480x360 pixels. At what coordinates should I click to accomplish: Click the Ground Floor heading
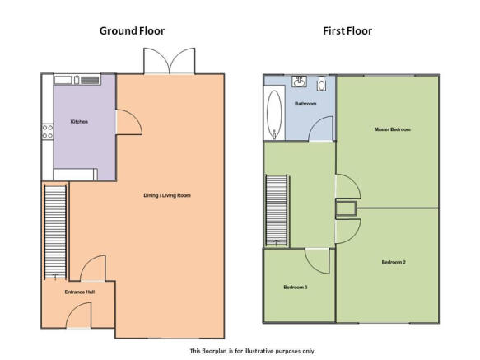pyautogui.click(x=132, y=31)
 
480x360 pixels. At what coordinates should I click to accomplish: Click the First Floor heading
pyautogui.click(x=347, y=31)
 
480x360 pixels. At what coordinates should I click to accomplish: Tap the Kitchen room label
pyautogui.click(x=79, y=122)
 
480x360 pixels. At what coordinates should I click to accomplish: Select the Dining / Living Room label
pyautogui.click(x=167, y=195)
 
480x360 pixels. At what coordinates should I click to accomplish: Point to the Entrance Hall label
pyautogui.click(x=80, y=292)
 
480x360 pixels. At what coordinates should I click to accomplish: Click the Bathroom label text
pyautogui.click(x=305, y=104)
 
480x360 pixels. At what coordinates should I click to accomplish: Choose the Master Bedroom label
pyautogui.click(x=393, y=129)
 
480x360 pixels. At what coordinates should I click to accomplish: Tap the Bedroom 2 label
pyautogui.click(x=394, y=262)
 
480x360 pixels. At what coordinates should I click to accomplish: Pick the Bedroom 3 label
pyautogui.click(x=296, y=287)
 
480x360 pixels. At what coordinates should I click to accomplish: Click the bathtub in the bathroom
pyautogui.click(x=274, y=113)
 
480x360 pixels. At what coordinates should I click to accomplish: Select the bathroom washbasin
pyautogui.click(x=299, y=82)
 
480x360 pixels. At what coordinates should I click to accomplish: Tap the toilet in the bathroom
pyautogui.click(x=321, y=84)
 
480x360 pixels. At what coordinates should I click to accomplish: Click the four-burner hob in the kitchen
pyautogui.click(x=48, y=132)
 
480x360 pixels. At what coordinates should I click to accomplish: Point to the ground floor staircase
pyautogui.click(x=55, y=231)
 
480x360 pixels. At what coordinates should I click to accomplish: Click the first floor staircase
pyautogui.click(x=277, y=210)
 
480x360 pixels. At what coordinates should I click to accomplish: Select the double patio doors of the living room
pyautogui.click(x=170, y=61)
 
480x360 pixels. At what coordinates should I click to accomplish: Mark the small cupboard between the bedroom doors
pyautogui.click(x=346, y=208)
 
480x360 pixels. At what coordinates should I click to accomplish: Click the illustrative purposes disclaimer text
pyautogui.click(x=253, y=351)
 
